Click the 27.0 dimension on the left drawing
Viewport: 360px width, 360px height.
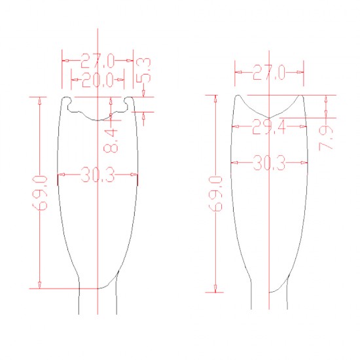tap(98, 61)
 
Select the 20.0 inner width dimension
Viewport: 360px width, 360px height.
tap(98, 80)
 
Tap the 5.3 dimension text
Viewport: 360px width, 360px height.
tap(144, 70)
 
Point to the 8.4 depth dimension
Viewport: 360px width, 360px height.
tap(111, 141)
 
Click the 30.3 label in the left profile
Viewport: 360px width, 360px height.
tap(98, 175)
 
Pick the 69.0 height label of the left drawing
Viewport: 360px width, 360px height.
tap(40, 193)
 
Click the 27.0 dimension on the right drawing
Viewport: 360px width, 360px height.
tap(269, 72)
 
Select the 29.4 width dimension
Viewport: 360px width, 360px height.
tap(269, 126)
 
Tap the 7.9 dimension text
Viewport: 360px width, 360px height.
tap(326, 139)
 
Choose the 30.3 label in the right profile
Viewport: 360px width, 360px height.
tap(269, 163)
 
